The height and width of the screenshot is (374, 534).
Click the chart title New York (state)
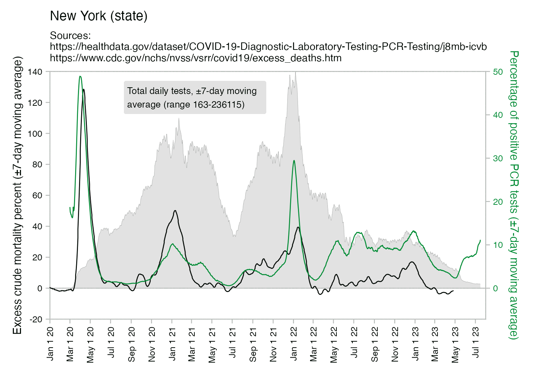pos(99,16)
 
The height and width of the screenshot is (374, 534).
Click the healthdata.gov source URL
pos(268,47)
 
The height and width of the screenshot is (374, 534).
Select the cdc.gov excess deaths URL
pos(195,58)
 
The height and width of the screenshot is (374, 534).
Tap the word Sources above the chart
pos(70,36)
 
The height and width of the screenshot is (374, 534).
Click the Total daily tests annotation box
pos(195,98)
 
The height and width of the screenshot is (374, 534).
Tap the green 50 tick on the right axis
pos(498,72)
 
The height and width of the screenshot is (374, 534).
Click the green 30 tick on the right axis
pos(498,159)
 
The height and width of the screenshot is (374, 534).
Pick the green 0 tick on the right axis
pos(496,289)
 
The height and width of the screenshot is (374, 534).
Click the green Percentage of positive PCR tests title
pos(514,195)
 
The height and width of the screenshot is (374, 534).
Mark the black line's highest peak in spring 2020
pos(84,89)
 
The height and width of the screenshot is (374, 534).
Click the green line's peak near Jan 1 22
pos(294,161)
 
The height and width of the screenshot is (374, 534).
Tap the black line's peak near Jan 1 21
pos(175,211)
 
